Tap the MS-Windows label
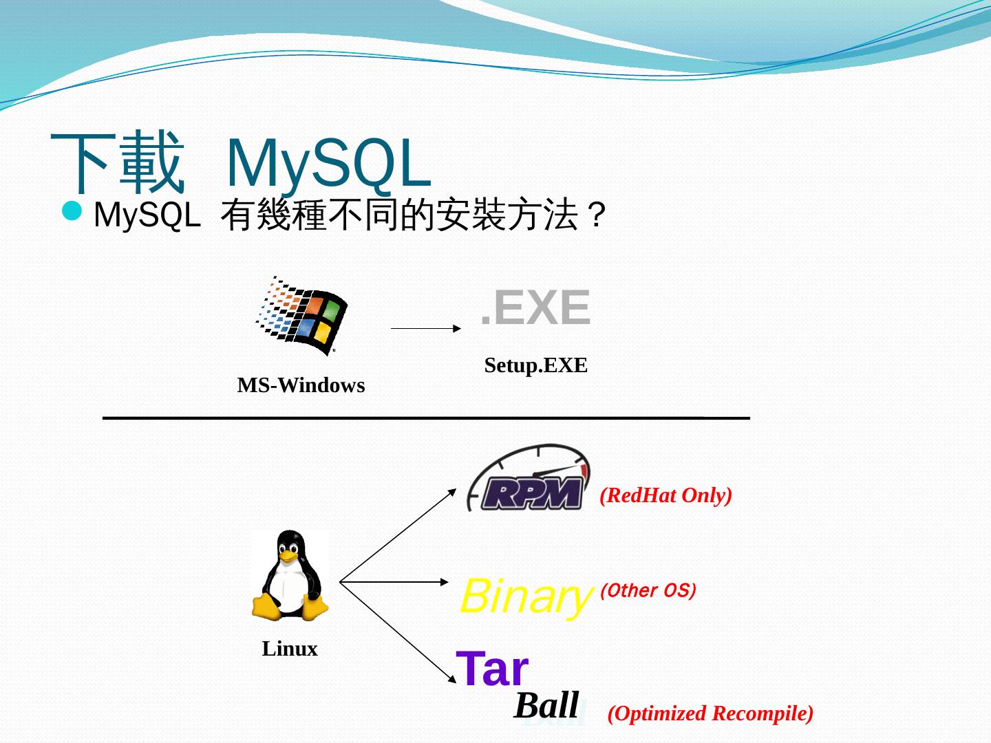301,385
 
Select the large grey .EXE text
535,308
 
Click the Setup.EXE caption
535,365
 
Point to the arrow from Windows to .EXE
425,329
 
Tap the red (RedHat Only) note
665,495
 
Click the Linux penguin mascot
290,574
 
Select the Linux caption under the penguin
290,649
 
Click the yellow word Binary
525,596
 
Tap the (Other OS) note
648,590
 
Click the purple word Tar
492,669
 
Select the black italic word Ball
546,705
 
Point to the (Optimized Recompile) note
710,713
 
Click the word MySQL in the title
328,164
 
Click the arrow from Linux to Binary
394,582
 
